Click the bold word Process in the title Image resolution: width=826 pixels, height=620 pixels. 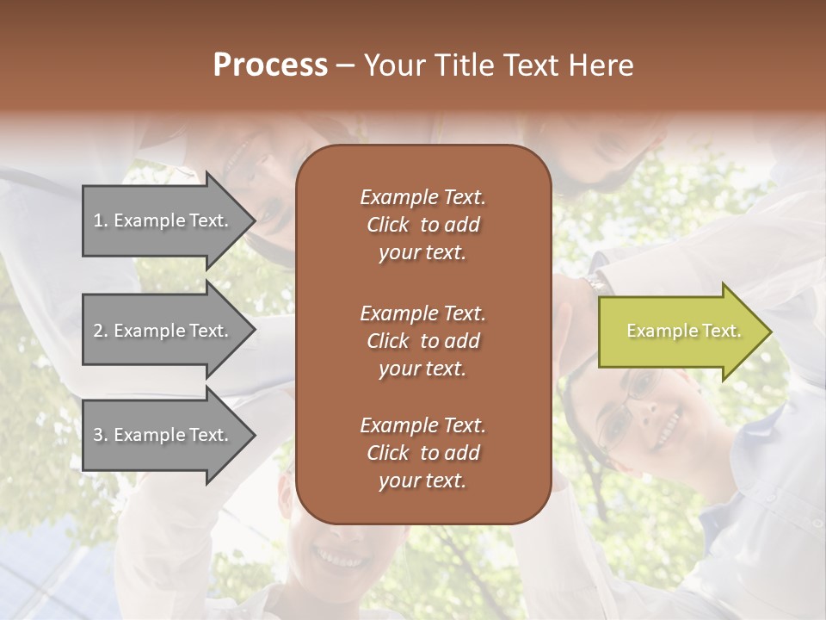tap(270, 65)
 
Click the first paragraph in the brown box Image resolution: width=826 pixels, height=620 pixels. tap(422, 225)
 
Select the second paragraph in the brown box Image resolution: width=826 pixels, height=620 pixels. tap(422, 340)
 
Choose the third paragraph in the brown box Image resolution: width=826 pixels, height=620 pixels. tap(422, 453)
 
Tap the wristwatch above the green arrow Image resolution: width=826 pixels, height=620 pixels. tap(595, 281)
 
